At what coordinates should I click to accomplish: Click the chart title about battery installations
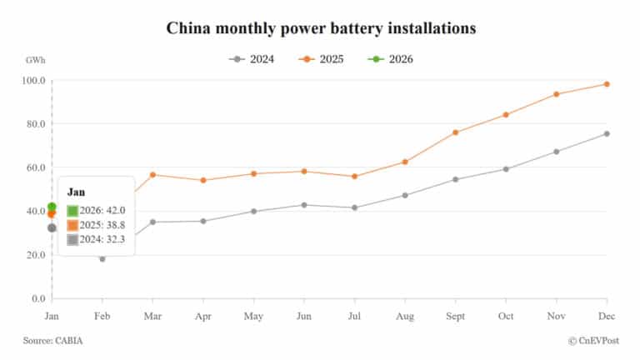click(321, 27)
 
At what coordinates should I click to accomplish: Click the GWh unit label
click(36, 61)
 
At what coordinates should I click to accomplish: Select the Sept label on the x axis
click(456, 317)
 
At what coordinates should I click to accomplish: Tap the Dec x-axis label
click(607, 317)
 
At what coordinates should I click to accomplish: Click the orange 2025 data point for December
click(607, 84)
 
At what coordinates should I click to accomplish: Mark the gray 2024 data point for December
click(607, 133)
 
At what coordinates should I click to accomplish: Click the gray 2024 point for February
click(102, 259)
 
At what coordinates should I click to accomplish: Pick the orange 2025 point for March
click(152, 175)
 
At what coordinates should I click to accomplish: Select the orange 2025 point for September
click(456, 132)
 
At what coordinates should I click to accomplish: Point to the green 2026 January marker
click(52, 207)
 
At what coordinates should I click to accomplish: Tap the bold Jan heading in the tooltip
click(76, 192)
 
